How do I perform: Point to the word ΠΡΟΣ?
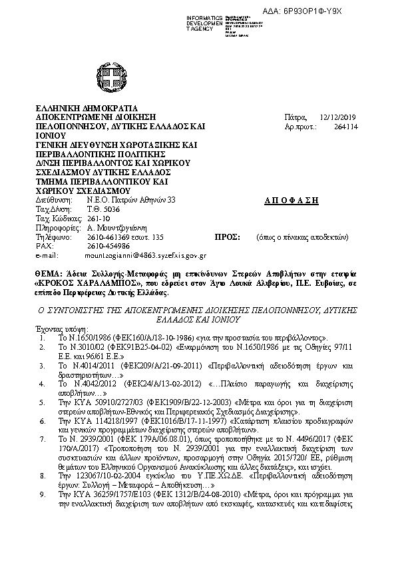[227, 237]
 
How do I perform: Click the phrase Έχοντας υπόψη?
[57, 328]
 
